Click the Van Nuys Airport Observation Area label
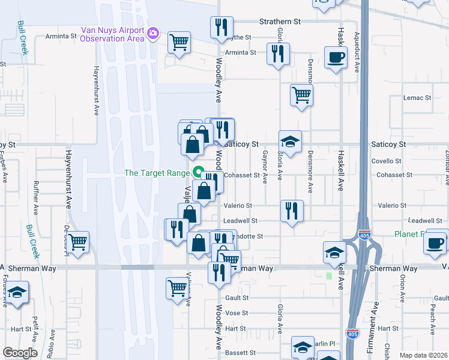coord(113,34)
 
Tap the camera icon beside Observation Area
coord(153,32)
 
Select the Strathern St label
coord(279,21)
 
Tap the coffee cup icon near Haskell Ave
coord(336,58)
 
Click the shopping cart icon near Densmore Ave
coord(301,94)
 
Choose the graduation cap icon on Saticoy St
coord(290,142)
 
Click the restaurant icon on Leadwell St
coord(292,211)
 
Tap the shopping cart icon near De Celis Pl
coord(78,242)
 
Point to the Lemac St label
coord(417,98)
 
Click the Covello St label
coord(386,161)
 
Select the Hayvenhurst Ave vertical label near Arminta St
coord(95,90)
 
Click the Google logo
coord(20,352)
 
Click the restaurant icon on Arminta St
coord(278,53)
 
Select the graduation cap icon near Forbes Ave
coord(17,293)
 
